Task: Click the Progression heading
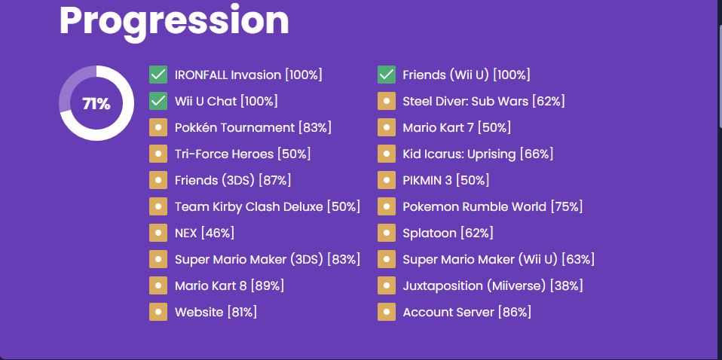174,22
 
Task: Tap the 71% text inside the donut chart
96,104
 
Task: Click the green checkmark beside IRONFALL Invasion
158,75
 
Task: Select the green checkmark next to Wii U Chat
158,101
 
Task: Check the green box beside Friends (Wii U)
387,75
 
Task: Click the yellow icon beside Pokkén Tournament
158,127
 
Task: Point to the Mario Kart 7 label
438,127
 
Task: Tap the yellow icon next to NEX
158,233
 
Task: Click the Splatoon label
429,233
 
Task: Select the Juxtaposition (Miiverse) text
475,286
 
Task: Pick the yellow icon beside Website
158,312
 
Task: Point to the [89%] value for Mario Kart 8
267,286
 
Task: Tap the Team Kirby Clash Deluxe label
249,206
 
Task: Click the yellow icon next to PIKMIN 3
387,180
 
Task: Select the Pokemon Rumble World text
474,206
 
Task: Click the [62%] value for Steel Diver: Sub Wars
549,101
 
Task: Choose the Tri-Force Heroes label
225,154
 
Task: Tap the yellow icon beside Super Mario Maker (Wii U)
387,259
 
